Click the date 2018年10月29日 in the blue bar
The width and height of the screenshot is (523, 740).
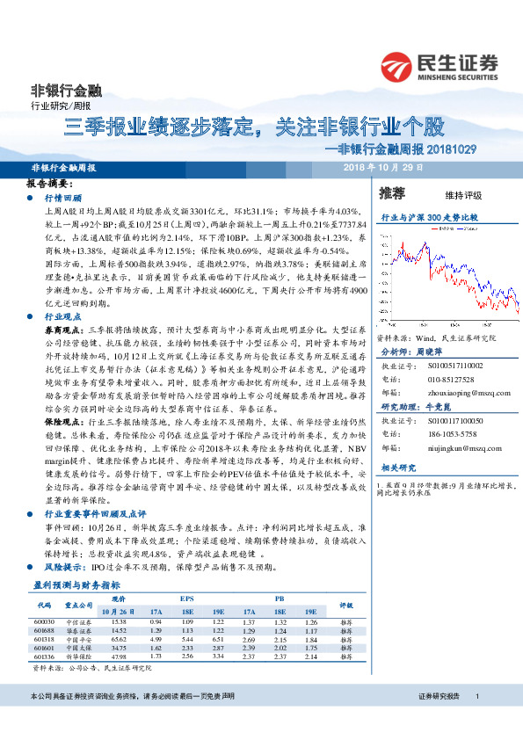click(383, 167)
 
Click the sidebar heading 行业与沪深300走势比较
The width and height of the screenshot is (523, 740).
click(430, 215)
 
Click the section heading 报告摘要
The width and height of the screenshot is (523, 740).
click(48, 185)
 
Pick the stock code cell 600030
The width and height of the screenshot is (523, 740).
click(44, 621)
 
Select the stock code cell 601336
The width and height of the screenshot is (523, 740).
click(44, 656)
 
